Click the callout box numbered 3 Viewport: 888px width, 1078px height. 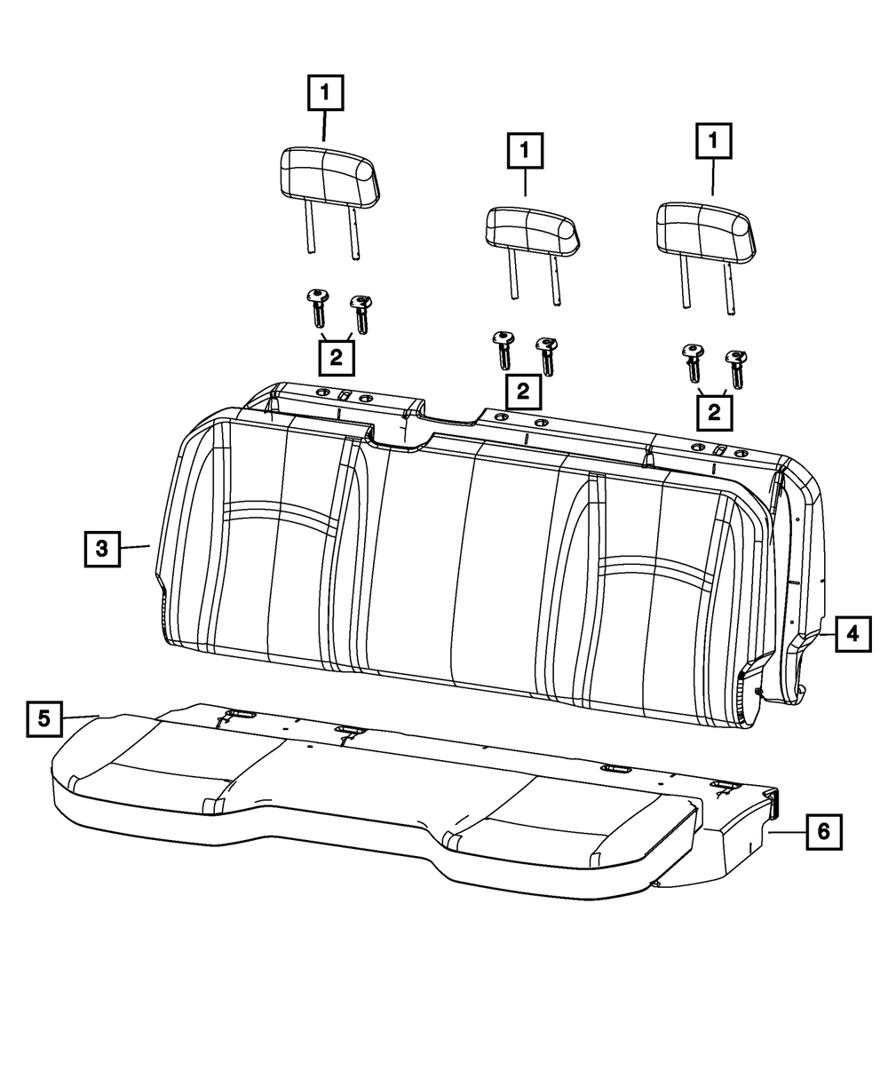pyautogui.click(x=103, y=548)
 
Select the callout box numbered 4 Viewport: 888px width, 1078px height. pyautogui.click(x=851, y=634)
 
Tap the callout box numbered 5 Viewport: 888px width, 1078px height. pyautogui.click(x=44, y=717)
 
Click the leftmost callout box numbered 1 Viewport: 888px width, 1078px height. pyautogui.click(x=325, y=91)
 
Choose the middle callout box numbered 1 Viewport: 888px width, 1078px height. pyautogui.click(x=525, y=150)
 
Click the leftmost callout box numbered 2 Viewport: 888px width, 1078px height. pyautogui.click(x=336, y=358)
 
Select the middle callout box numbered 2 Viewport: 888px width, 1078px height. pyautogui.click(x=524, y=391)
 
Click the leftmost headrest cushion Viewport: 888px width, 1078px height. pyautogui.click(x=327, y=174)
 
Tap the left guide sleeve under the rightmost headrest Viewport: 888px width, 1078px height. pyautogui.click(x=691, y=362)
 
